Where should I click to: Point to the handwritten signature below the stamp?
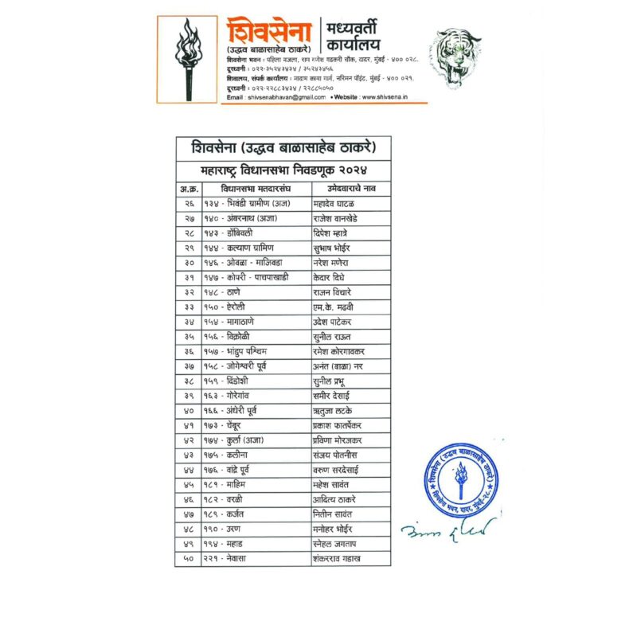(x=447, y=528)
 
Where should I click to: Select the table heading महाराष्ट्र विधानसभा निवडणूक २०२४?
(x=283, y=170)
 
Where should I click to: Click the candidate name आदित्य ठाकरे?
(x=335, y=499)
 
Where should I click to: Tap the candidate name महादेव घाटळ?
(x=335, y=204)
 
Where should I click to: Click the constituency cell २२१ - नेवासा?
(x=233, y=558)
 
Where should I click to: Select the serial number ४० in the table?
(x=189, y=411)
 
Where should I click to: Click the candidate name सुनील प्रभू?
(x=334, y=381)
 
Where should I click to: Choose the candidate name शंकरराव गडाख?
(x=338, y=558)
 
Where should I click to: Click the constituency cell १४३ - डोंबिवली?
(x=235, y=233)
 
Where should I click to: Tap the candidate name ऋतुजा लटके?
(x=334, y=411)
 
